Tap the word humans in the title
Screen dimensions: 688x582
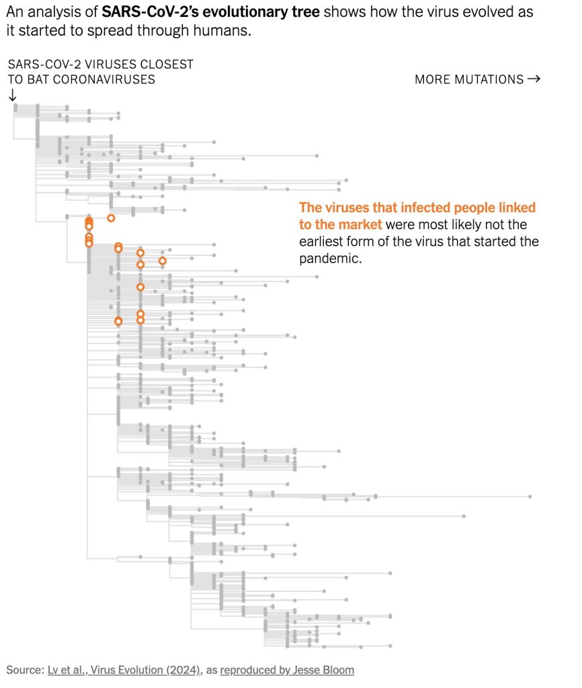tap(226, 31)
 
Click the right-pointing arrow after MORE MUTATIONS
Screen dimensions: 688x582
tap(534, 79)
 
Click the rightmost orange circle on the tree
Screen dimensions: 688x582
tap(162, 261)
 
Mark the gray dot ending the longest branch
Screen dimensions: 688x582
tap(530, 497)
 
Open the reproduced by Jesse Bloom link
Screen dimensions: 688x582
tap(287, 670)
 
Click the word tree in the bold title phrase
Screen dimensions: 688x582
tap(300, 12)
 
